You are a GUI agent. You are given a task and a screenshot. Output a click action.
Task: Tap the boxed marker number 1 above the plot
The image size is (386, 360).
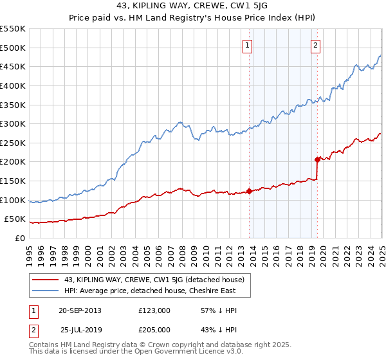coord(248,45)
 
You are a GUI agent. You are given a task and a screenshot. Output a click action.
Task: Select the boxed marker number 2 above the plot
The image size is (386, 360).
coord(316,45)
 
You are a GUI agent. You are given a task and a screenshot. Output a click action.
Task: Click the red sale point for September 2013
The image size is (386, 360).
coord(249,191)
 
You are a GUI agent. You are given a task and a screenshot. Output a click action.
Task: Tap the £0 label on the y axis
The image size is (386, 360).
coord(20,239)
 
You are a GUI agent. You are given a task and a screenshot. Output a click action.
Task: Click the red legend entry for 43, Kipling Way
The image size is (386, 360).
coord(154,280)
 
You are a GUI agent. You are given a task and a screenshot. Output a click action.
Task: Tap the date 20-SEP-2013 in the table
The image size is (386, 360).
coord(80,310)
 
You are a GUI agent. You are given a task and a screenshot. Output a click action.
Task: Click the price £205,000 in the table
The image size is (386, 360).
coord(154,329)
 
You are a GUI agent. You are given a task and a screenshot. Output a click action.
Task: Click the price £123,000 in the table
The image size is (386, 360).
coord(154,310)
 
